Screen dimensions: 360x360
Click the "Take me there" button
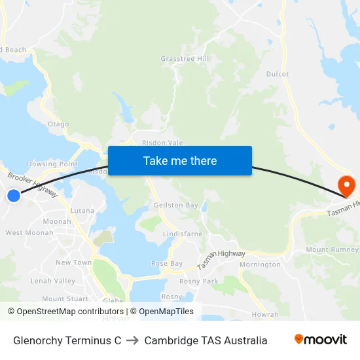click(180, 160)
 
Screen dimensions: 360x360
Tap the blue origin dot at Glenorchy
click(14, 195)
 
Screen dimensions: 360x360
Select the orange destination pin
click(345, 185)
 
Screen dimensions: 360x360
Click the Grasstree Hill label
click(185, 59)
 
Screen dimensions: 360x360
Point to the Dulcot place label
click(278, 74)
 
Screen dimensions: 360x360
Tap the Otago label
click(58, 124)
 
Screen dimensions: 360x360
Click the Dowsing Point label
click(52, 164)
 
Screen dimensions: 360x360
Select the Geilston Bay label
click(175, 205)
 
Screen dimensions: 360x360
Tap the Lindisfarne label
click(183, 233)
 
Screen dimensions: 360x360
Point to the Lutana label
click(82, 211)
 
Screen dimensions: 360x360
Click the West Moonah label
click(29, 232)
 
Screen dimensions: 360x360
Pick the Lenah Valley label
click(53, 281)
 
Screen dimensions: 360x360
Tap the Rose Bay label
click(167, 263)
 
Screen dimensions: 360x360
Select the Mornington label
click(260, 264)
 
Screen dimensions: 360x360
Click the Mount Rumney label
click(332, 249)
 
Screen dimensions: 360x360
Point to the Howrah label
click(265, 314)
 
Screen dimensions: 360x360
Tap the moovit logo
click(321, 340)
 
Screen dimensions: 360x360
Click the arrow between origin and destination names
click(132, 340)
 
